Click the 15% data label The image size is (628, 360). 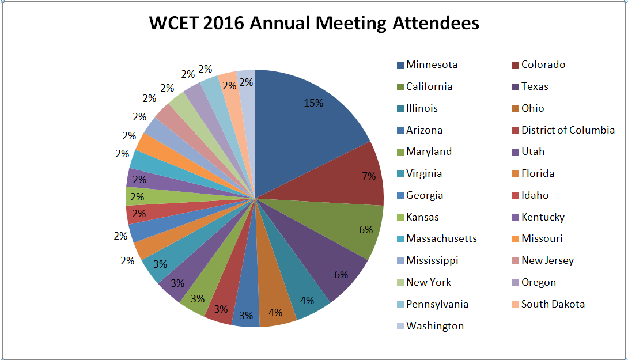click(x=313, y=103)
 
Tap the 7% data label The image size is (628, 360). click(x=369, y=176)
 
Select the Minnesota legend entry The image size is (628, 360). click(x=432, y=65)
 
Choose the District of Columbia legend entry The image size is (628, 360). click(x=568, y=130)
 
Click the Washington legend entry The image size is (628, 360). click(x=434, y=326)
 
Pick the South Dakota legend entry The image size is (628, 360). click(x=553, y=304)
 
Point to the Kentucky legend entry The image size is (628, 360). click(x=543, y=217)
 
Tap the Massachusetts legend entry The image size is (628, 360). click(x=441, y=238)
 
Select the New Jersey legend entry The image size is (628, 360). click(x=547, y=260)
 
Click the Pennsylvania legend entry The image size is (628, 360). click(x=437, y=304)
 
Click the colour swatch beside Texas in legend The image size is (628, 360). click(x=515, y=87)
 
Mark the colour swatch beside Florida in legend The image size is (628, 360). click(x=515, y=174)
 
